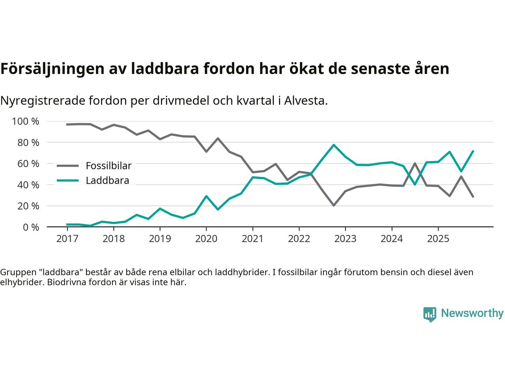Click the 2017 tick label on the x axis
click(x=67, y=239)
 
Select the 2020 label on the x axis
click(x=206, y=239)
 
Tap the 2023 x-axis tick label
click(x=345, y=239)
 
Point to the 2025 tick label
click(x=438, y=239)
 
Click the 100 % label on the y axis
click(x=26, y=122)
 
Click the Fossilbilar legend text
click(x=108, y=166)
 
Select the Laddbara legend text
click(x=107, y=181)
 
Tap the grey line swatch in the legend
click(x=68, y=166)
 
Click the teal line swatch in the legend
click(x=68, y=181)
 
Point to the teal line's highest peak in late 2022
click(x=334, y=145)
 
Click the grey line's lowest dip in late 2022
click(x=334, y=206)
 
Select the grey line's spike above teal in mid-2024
click(x=415, y=163)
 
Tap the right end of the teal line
click(x=473, y=151)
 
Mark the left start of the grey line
click(x=67, y=124)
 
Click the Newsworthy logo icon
click(x=430, y=314)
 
